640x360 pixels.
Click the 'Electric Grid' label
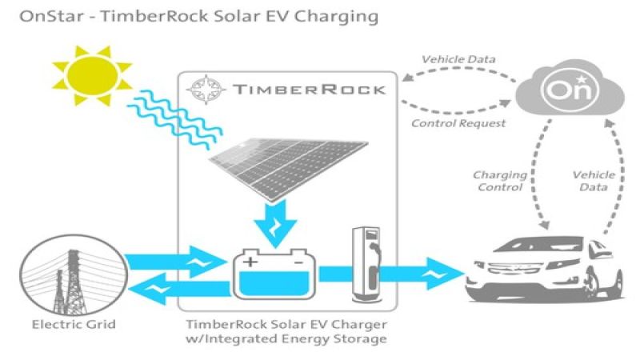coord(69,325)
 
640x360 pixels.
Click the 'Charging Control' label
coord(500,181)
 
